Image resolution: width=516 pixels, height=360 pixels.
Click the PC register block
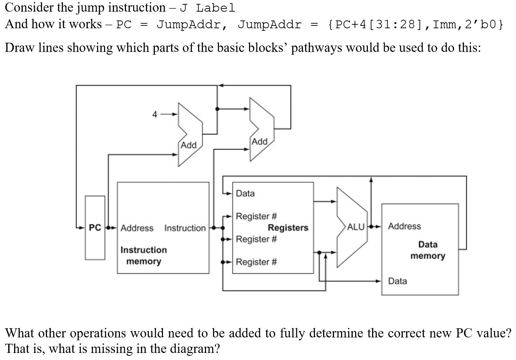tap(95, 228)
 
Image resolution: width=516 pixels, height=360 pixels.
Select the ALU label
tap(356, 227)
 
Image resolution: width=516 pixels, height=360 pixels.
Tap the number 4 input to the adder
tap(154, 114)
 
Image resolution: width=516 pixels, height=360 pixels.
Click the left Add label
tap(188, 145)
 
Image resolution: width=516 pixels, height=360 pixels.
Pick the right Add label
tap(259, 142)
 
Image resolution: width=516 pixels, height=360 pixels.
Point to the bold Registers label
tap(288, 228)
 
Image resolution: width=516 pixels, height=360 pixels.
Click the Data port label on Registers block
tap(245, 193)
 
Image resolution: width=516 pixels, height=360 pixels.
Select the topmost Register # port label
tap(256, 216)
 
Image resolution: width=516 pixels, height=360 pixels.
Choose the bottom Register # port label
tap(256, 262)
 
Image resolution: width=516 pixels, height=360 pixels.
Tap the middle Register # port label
tap(256, 239)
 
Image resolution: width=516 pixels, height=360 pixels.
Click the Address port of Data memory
tap(404, 226)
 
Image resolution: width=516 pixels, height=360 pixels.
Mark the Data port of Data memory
tap(397, 281)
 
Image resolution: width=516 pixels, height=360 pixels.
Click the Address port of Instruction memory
tap(137, 228)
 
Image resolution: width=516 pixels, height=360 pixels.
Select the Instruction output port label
tap(185, 228)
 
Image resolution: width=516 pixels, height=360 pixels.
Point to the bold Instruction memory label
tap(144, 256)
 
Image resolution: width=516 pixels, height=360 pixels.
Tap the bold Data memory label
tap(427, 250)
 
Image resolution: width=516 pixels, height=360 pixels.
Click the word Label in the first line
tap(215, 8)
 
